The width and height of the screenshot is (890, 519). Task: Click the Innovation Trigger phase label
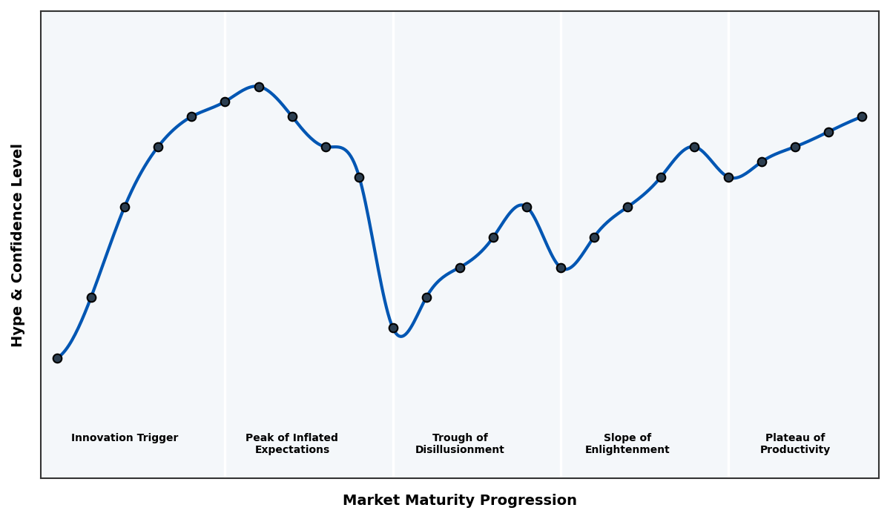pos(125,438)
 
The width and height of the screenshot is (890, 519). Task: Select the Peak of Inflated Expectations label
pos(291,443)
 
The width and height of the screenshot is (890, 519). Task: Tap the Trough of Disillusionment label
pos(459,443)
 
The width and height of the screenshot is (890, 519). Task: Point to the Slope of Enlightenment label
pos(627,443)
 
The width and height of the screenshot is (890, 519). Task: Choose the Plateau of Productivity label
pos(794,443)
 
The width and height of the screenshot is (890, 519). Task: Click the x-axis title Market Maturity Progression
pos(459,500)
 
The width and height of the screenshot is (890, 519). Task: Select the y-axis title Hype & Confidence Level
pos(18,245)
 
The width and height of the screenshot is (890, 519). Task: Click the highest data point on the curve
pos(259,87)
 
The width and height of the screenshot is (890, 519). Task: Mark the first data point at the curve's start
pos(57,358)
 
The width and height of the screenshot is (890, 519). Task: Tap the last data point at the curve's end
pos(862,116)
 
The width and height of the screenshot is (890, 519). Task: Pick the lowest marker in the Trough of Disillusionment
pos(393,328)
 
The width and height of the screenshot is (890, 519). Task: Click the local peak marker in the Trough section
pos(527,207)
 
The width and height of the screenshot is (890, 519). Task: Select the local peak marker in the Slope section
pos(694,147)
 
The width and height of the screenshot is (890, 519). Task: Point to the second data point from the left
pos(91,297)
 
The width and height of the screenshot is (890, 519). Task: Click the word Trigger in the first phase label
pos(156,438)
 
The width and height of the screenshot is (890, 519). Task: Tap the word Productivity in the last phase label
pos(794,450)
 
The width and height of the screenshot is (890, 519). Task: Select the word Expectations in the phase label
pos(291,450)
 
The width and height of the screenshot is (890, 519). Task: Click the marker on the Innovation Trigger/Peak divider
pos(225,102)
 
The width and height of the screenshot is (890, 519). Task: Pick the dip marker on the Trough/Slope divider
pos(561,268)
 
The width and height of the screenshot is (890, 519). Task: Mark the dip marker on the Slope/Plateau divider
pos(728,177)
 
